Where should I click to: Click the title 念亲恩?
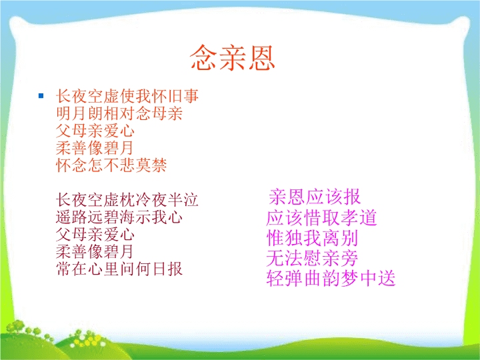point(233,57)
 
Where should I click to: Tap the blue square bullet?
point(41,96)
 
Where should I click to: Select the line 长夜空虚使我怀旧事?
point(127,96)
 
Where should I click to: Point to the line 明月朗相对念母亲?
point(119,113)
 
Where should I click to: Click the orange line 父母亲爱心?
point(95,131)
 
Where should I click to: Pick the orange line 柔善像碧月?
point(95,148)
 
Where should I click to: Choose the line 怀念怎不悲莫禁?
point(111,165)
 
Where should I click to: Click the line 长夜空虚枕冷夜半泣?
point(127,200)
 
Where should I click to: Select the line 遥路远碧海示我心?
point(119,217)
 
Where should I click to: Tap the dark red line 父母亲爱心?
point(95,235)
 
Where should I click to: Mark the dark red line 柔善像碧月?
point(95,251)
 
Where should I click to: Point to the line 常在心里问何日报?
point(119,269)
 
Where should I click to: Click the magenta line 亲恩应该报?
point(315,197)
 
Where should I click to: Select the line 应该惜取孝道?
point(321,217)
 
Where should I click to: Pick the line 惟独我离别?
point(312,238)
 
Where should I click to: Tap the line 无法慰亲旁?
point(312,258)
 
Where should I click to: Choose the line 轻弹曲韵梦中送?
point(331,278)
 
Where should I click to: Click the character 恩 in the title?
point(261,58)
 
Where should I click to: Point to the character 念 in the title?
point(203,57)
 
